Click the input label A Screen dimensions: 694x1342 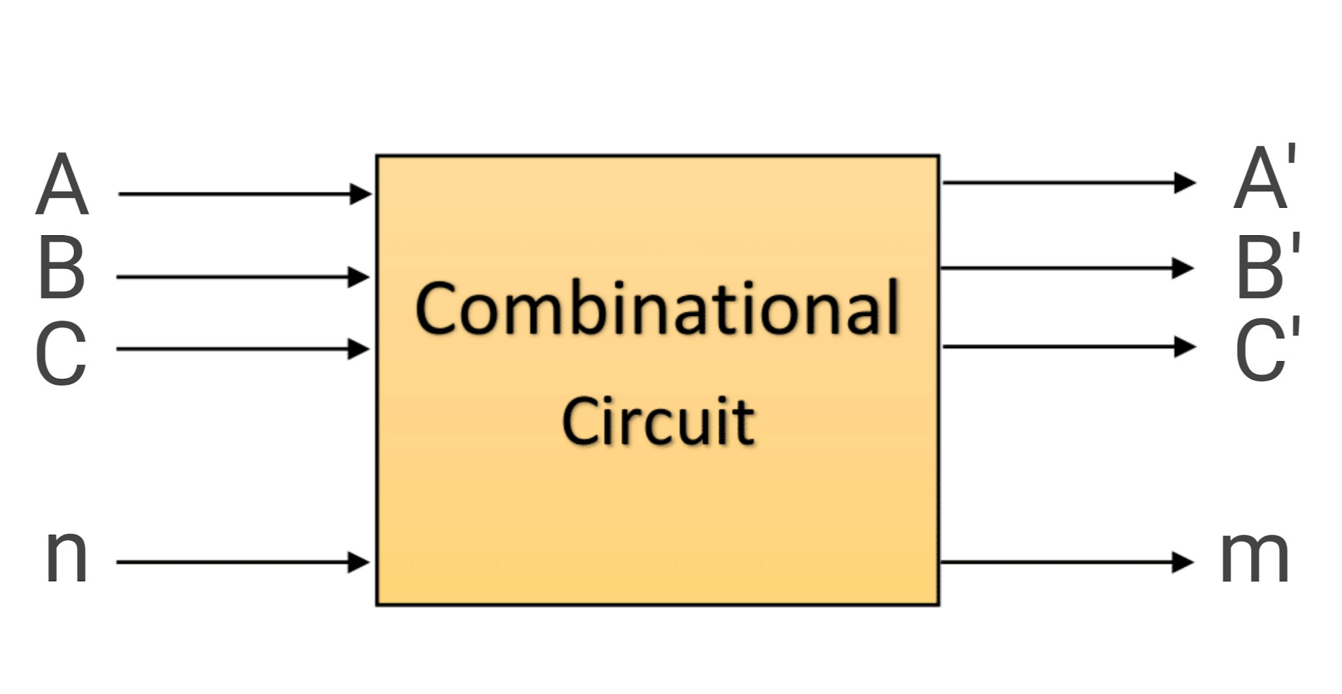62,184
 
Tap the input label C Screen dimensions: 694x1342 61,353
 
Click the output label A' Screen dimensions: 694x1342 1264,178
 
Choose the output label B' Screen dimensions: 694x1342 1267,265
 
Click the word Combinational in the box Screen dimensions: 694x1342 657,308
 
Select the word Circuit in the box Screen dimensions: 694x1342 658,421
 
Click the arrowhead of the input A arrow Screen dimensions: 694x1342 360,194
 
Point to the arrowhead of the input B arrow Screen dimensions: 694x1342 358,277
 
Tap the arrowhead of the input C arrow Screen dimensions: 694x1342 358,349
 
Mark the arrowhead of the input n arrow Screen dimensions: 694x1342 358,562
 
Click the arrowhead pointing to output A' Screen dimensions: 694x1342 1184,183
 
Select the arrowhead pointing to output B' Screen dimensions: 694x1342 1182,268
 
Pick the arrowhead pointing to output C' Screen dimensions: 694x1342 1184,347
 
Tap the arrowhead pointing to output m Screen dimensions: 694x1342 1182,562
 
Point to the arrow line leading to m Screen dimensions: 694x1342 1055,562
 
